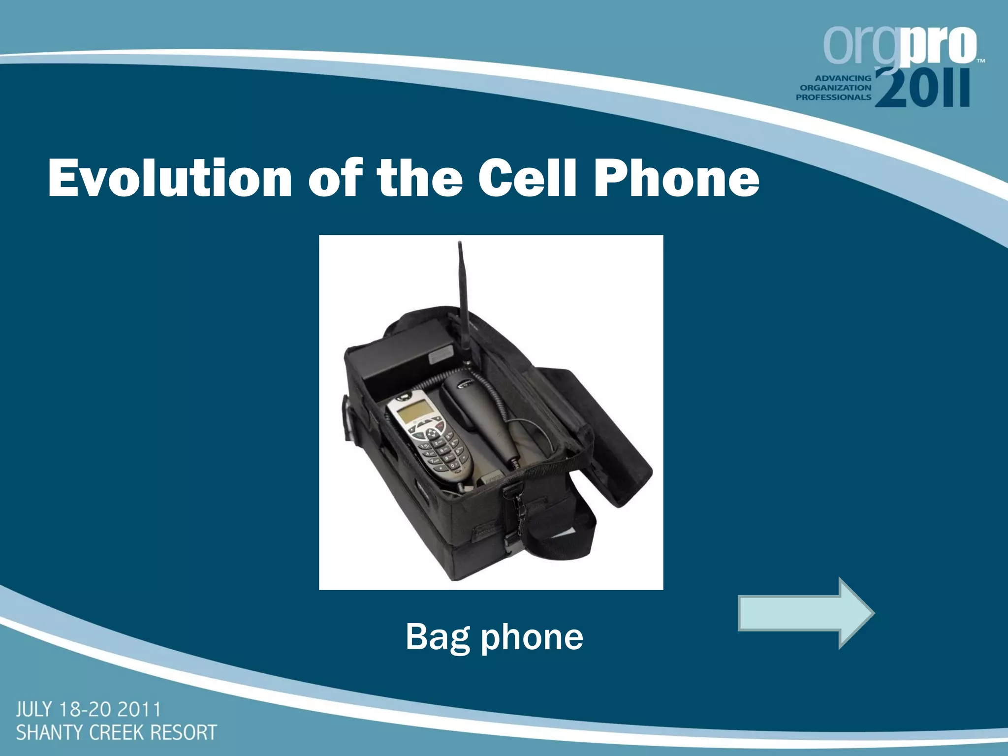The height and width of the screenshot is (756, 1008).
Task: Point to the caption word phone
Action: click(532, 637)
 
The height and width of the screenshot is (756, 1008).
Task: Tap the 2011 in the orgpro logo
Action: click(923, 89)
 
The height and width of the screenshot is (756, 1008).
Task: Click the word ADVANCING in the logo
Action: click(843, 78)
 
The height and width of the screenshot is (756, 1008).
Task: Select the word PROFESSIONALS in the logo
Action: click(833, 97)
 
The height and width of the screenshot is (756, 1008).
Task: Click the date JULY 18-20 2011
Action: click(89, 710)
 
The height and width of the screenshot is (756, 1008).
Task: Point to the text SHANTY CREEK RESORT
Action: click(116, 733)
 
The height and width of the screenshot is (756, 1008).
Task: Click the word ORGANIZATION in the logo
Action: click(835, 88)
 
